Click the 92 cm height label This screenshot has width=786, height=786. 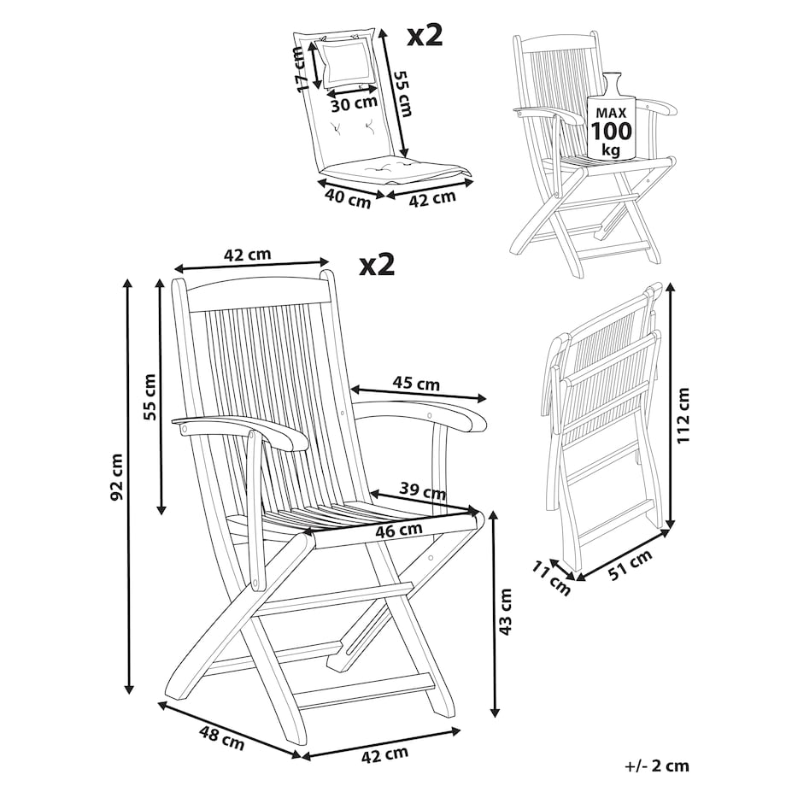(x=116, y=477)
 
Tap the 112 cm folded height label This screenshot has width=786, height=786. (x=683, y=414)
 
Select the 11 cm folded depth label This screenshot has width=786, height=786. (x=551, y=579)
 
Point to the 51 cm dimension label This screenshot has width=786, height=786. (x=631, y=565)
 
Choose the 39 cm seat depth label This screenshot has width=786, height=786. (x=422, y=490)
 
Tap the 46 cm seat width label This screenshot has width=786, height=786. (x=398, y=530)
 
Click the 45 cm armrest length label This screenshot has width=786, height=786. (x=415, y=384)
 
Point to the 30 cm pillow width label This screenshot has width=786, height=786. (x=354, y=103)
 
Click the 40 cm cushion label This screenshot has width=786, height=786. (x=348, y=198)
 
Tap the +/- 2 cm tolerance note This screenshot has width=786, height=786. (x=657, y=766)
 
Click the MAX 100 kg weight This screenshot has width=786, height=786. (x=611, y=130)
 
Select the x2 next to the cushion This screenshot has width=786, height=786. (x=425, y=37)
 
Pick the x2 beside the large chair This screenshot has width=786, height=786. (x=377, y=264)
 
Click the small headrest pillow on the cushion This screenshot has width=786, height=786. (x=347, y=62)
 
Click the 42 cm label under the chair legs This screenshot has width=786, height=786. (x=384, y=754)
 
